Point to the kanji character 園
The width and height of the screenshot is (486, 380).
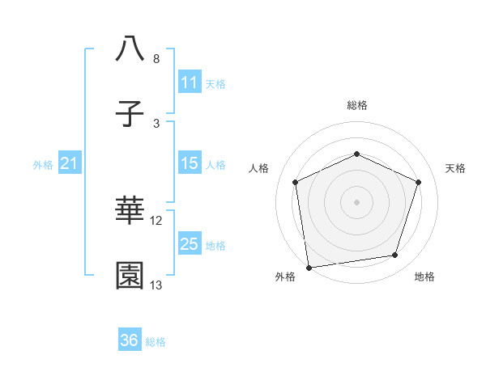[x=130, y=276]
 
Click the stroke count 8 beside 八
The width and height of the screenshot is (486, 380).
[x=156, y=59]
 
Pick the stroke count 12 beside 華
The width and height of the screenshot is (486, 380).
[x=156, y=220]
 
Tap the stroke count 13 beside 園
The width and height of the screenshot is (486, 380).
[x=156, y=285]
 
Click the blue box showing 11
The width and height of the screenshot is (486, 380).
[x=189, y=82]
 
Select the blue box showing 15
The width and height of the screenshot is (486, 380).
[x=189, y=164]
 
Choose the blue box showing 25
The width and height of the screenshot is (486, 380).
[x=189, y=244]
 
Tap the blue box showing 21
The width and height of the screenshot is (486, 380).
[x=69, y=164]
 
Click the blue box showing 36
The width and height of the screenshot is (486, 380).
[x=130, y=340]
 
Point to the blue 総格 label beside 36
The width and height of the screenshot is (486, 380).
[x=156, y=342]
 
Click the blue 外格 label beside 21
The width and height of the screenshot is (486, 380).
[x=43, y=165]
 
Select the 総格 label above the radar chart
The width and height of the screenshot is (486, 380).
[x=356, y=105]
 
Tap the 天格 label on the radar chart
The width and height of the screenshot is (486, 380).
[x=456, y=168]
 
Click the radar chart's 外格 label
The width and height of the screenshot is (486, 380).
[x=285, y=277]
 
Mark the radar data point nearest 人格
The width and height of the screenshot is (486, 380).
[x=296, y=182]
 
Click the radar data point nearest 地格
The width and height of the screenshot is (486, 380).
[x=395, y=255]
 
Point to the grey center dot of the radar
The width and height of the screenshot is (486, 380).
[x=356, y=202]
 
